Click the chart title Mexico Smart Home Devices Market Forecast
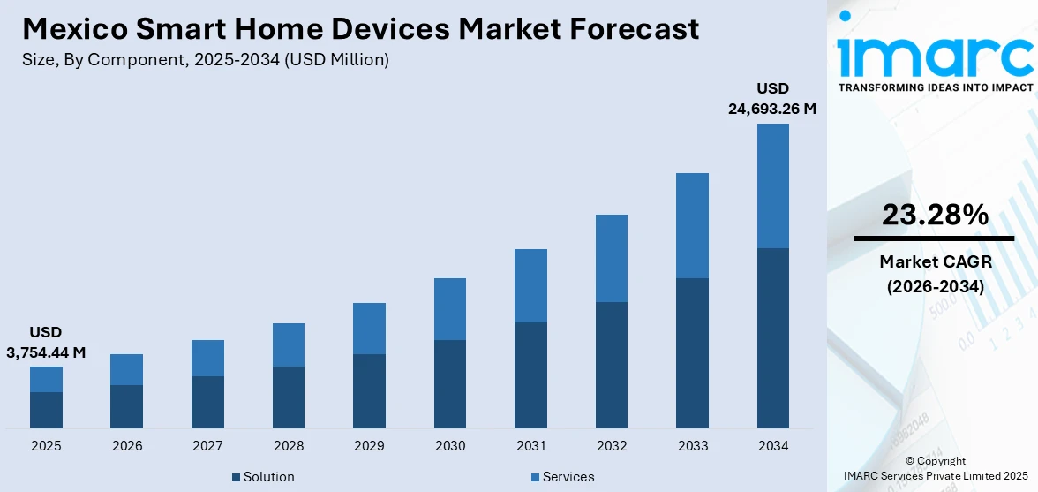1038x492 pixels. click(x=360, y=28)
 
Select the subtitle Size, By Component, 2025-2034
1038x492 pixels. click(x=206, y=60)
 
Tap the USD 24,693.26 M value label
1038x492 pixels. click(x=771, y=99)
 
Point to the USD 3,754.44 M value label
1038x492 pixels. click(x=46, y=342)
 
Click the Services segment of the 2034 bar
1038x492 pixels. click(x=773, y=185)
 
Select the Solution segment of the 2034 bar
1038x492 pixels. click(x=773, y=337)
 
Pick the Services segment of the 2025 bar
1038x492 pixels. click(x=46, y=379)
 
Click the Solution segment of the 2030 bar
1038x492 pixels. click(x=450, y=383)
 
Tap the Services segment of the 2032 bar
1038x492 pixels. click(x=612, y=258)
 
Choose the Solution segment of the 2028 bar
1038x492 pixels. click(x=289, y=397)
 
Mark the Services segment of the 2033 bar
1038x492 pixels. click(x=693, y=225)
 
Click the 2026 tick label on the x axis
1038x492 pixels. click(x=127, y=446)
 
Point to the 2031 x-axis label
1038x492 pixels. click(x=530, y=446)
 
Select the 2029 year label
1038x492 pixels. click(x=369, y=446)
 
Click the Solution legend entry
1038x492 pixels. click(x=263, y=477)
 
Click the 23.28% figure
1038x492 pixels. click(x=934, y=215)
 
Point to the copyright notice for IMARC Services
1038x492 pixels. click(x=935, y=468)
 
